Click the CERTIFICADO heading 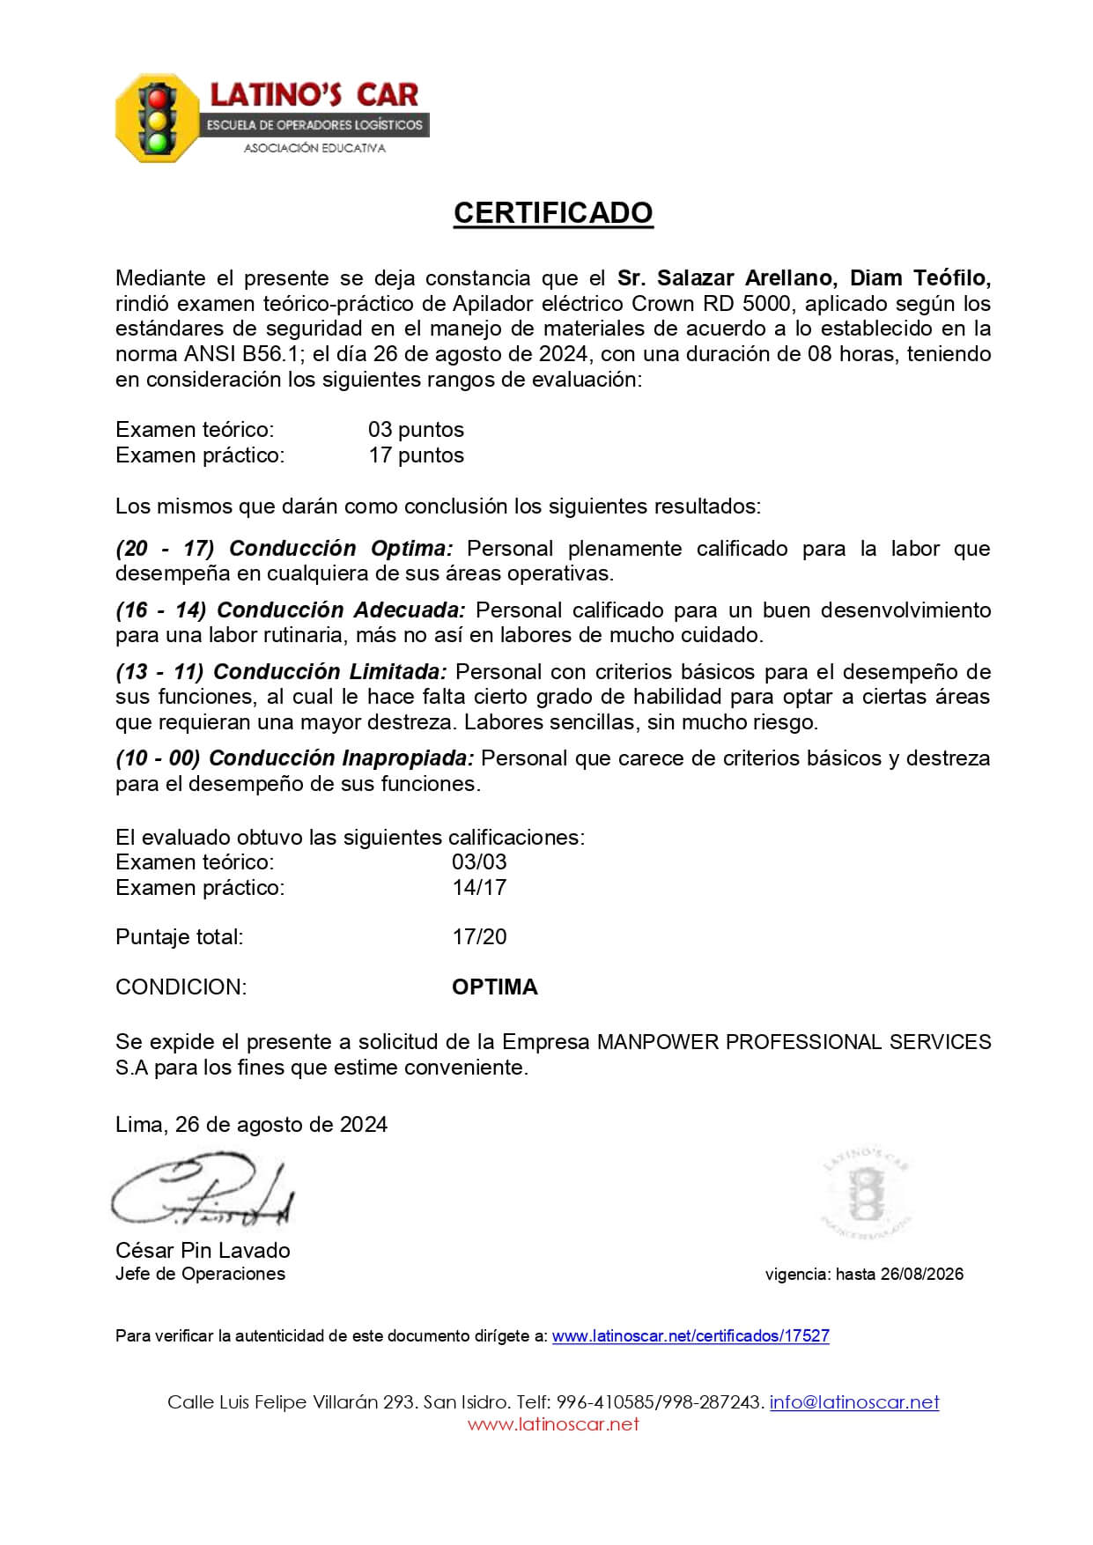pyautogui.click(x=553, y=213)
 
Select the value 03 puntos pyautogui.click(x=416, y=430)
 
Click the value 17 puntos pyautogui.click(x=416, y=455)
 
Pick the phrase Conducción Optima pyautogui.click(x=341, y=549)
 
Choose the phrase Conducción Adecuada pyautogui.click(x=341, y=610)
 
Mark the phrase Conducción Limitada pyautogui.click(x=330, y=672)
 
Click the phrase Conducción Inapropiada pyautogui.click(x=342, y=758)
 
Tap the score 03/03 pyautogui.click(x=479, y=862)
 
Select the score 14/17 pyautogui.click(x=479, y=888)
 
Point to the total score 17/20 pyautogui.click(x=479, y=937)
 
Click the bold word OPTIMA pyautogui.click(x=495, y=987)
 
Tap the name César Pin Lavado pyautogui.click(x=203, y=1251)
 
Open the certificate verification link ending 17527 pyautogui.click(x=691, y=1336)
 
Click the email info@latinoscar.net pyautogui.click(x=854, y=1402)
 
